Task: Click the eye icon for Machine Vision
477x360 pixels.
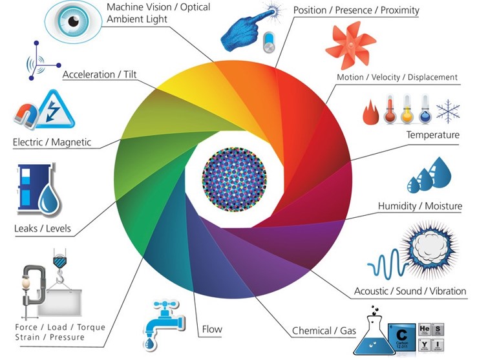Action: tap(73, 19)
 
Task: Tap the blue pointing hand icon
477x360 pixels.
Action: tap(246, 30)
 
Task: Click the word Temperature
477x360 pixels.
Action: tap(432, 135)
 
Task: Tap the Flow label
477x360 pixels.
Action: tap(212, 329)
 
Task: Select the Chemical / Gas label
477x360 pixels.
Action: tap(324, 331)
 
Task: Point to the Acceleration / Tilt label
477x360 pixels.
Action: tap(100, 75)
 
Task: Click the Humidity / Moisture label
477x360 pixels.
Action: tap(419, 206)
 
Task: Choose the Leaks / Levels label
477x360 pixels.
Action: tap(42, 228)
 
